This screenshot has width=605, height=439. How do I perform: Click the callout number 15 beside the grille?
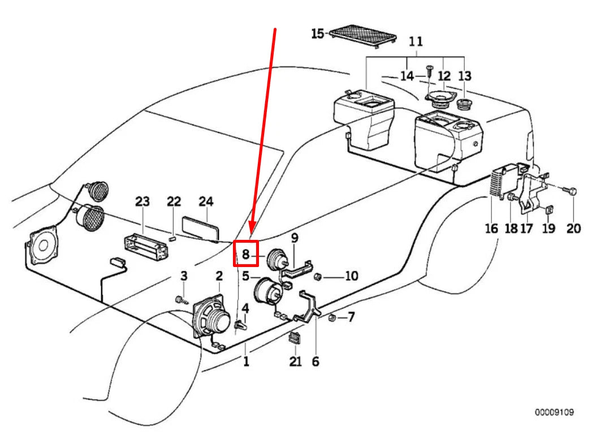[x=317, y=34]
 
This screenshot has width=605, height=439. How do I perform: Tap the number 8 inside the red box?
[x=245, y=255]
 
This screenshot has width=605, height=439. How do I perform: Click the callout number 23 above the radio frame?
[x=143, y=202]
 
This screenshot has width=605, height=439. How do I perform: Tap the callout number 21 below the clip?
[x=296, y=361]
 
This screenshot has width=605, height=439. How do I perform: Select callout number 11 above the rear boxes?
[x=416, y=41]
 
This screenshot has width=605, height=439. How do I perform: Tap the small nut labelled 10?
[x=318, y=277]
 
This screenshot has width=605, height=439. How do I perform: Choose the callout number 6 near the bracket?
[x=315, y=361]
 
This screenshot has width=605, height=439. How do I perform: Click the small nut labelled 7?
[x=332, y=317]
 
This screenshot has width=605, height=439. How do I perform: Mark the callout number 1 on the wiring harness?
[x=246, y=361]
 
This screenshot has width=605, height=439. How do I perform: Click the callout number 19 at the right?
[x=548, y=229]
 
